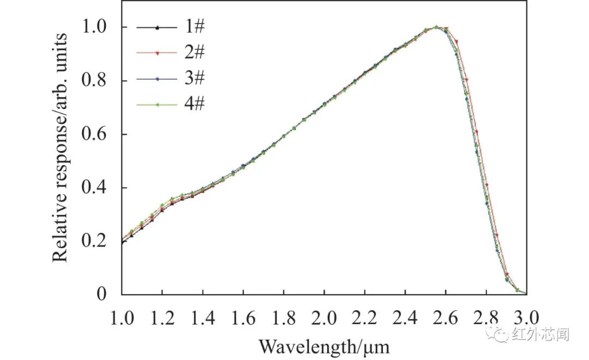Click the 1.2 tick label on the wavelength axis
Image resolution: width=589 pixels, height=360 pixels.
click(x=162, y=319)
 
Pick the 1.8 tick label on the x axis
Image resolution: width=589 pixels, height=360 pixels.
click(x=284, y=319)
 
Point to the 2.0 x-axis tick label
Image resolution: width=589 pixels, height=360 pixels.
click(x=324, y=319)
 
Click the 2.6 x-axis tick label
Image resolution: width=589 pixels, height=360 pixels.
click(x=446, y=319)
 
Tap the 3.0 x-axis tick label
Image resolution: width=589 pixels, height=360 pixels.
click(x=526, y=319)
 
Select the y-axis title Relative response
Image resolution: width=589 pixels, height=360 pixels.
click(x=59, y=147)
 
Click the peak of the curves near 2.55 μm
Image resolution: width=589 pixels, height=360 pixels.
click(x=436, y=26)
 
